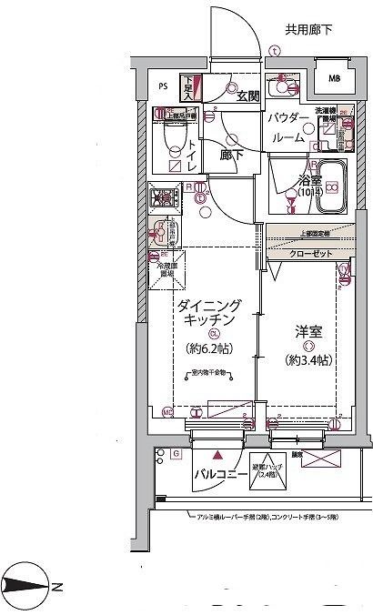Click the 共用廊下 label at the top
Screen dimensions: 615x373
tap(308, 29)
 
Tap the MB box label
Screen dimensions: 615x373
tap(336, 79)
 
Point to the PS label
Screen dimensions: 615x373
tap(163, 87)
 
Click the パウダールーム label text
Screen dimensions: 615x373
tap(289, 128)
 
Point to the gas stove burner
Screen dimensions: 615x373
tap(166, 197)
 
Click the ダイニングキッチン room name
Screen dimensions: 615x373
tap(208, 312)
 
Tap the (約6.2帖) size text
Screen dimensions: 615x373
tap(209, 348)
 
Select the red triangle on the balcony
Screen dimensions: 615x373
tap(217, 454)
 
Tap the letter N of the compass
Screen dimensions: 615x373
tap(55, 587)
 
